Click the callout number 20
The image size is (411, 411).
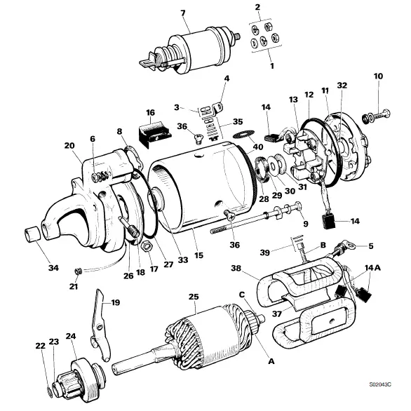coord(69,146)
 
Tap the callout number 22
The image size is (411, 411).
coord(40,346)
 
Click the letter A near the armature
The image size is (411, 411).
coord(271,363)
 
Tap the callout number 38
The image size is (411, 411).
coord(236,267)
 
